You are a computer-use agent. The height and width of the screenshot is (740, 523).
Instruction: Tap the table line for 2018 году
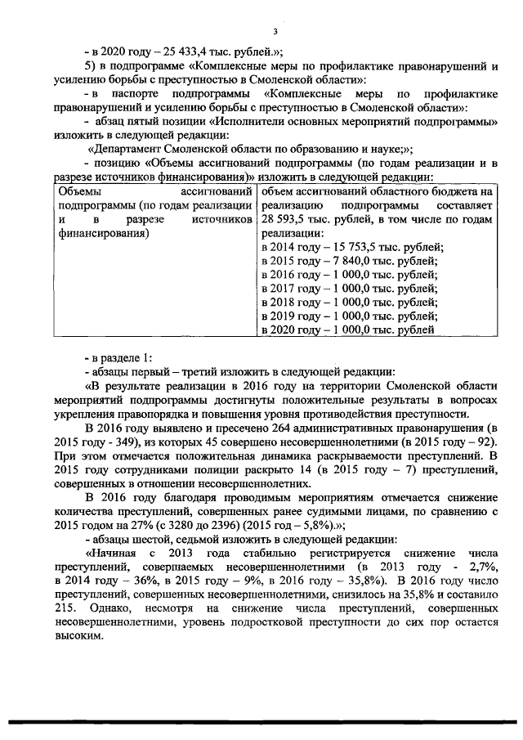tap(347, 302)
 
